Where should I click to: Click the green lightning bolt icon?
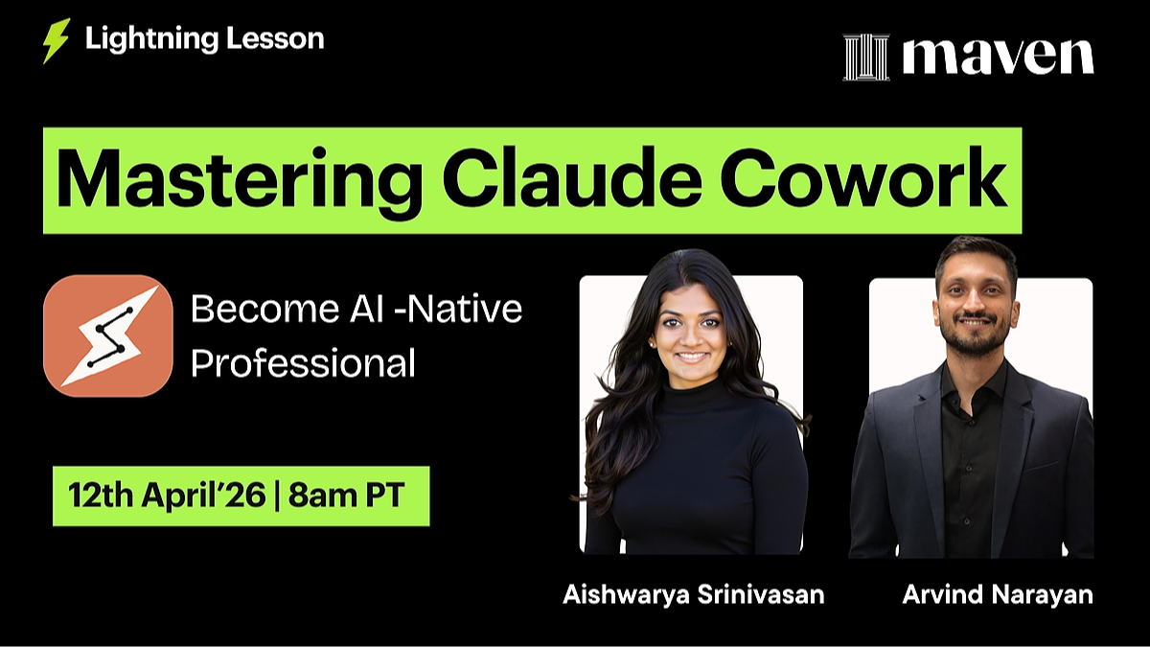[x=56, y=41]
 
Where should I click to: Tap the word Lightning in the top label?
[x=144, y=39]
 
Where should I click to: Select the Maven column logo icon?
[x=865, y=57]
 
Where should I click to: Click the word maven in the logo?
[x=997, y=57]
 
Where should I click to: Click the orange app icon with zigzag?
[x=108, y=336]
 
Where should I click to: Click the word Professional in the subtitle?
[x=303, y=363]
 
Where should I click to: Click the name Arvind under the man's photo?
[x=940, y=595]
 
